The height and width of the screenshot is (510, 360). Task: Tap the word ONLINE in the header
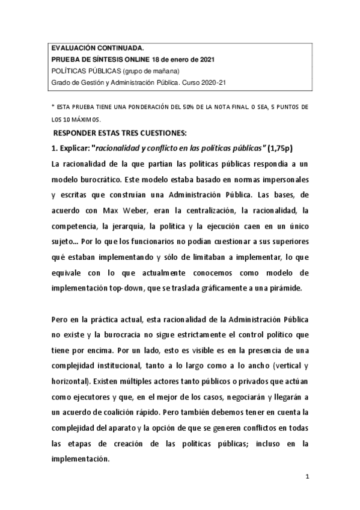coord(133,60)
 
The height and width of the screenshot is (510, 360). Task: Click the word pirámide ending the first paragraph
coord(289,288)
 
